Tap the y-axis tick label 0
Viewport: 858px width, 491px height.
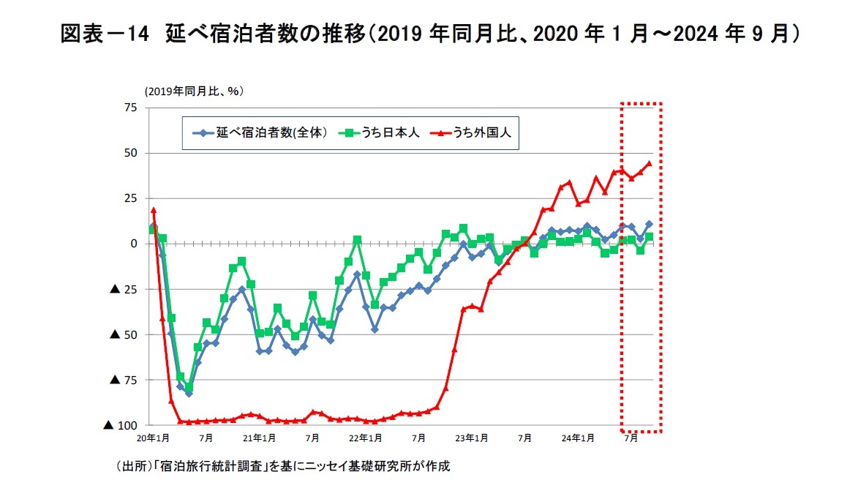(134, 243)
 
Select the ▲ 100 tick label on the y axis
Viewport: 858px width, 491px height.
(121, 425)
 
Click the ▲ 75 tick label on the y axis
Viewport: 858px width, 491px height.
(124, 380)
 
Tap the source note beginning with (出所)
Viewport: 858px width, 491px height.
(282, 465)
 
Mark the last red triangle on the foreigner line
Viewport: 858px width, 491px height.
(650, 163)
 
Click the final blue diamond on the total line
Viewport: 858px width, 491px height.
(650, 224)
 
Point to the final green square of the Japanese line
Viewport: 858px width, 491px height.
(650, 237)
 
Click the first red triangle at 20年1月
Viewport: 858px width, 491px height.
(154, 210)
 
